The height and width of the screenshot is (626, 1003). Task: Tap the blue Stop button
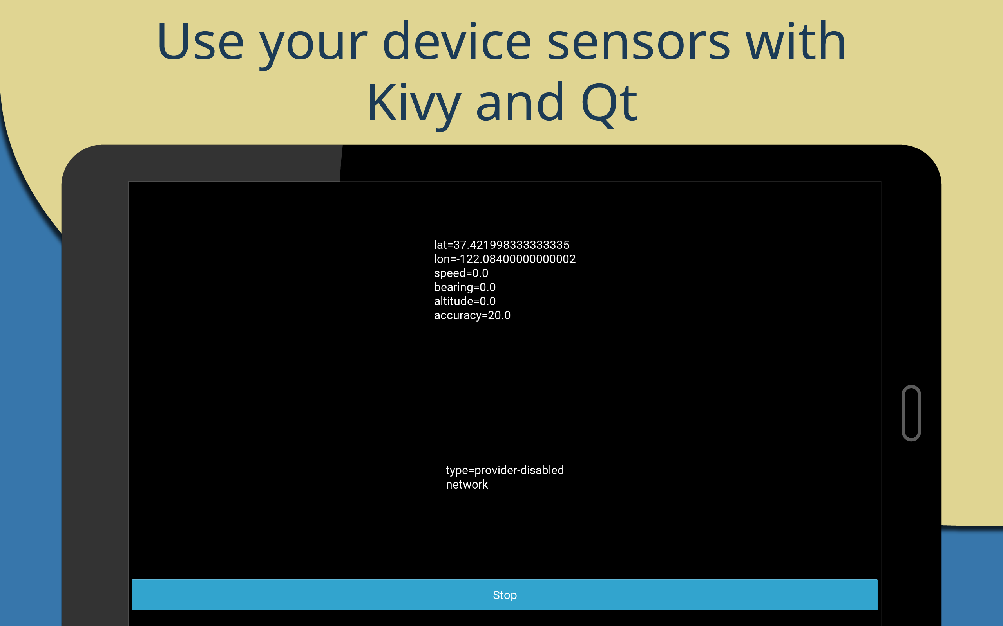(504, 595)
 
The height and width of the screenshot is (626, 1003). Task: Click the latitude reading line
(501, 245)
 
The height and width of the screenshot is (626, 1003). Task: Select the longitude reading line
(504, 259)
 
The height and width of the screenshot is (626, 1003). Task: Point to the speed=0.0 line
(461, 273)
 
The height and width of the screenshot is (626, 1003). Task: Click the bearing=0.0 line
(465, 287)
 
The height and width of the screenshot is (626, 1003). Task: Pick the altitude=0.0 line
(465, 301)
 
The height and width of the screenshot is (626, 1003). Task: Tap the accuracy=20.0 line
(472, 315)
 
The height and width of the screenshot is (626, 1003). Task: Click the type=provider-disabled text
(505, 470)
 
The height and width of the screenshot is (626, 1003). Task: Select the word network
(467, 484)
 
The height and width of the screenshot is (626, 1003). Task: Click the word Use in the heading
(201, 41)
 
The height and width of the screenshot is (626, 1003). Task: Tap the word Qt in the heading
(609, 104)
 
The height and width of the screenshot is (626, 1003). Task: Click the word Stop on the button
(504, 595)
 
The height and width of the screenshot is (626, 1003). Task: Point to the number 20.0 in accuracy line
(499, 315)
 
